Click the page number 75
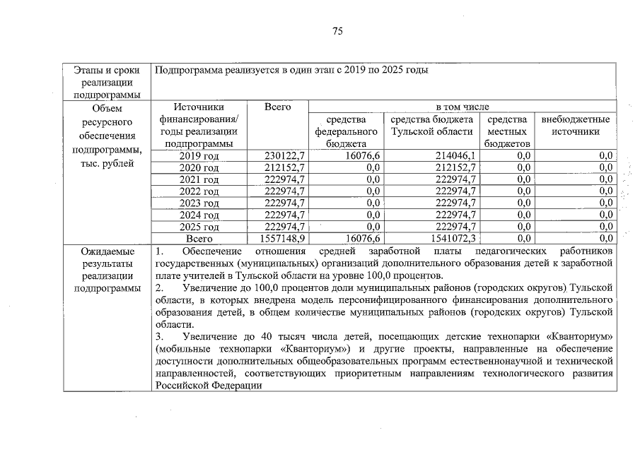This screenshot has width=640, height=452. [337, 31]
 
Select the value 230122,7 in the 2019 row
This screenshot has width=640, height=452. [284, 155]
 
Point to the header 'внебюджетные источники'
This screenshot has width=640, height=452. [575, 126]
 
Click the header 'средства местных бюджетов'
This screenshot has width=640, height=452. [507, 131]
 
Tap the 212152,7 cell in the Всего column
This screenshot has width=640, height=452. [284, 167]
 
